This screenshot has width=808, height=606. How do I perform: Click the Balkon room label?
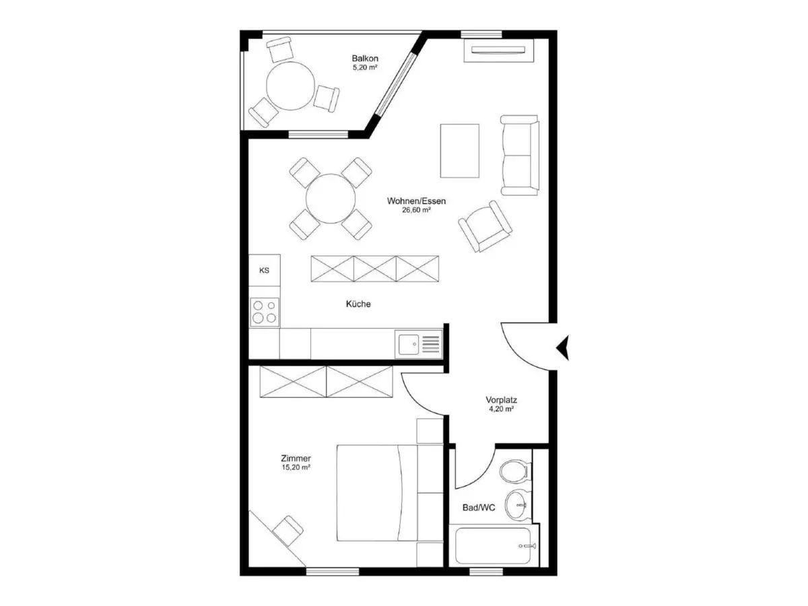click(x=364, y=58)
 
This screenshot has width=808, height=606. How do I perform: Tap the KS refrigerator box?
click(x=264, y=270)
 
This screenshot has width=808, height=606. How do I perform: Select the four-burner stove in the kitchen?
click(x=265, y=312)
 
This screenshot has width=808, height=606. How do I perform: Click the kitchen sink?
click(x=418, y=344)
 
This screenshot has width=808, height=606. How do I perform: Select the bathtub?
click(x=495, y=546)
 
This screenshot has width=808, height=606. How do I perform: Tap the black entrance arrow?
click(x=563, y=347)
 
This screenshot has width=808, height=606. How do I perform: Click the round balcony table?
click(x=290, y=86)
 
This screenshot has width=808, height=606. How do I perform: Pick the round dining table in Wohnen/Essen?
click(x=330, y=199)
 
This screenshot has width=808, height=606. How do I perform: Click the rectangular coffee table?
click(x=459, y=151)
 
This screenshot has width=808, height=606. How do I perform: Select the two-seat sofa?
click(x=519, y=155)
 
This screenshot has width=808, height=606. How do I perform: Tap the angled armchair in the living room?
click(x=485, y=226)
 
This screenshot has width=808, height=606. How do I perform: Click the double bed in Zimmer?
click(x=390, y=493)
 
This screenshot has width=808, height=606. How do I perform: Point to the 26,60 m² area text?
click(x=416, y=210)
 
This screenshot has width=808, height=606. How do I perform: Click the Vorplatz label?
click(x=501, y=399)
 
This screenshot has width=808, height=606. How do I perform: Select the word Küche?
click(x=358, y=304)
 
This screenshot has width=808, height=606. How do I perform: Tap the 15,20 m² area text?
click(x=296, y=467)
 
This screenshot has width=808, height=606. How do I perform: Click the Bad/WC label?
click(x=479, y=508)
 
